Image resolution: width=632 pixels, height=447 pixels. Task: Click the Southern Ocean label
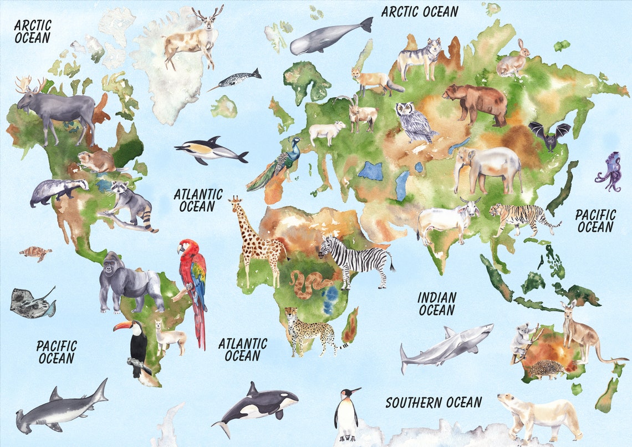click(x=434, y=402)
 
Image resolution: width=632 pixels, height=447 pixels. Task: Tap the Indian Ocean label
click(x=437, y=304)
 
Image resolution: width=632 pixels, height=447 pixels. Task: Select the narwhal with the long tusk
click(x=236, y=80)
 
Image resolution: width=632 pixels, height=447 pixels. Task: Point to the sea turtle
click(x=35, y=253)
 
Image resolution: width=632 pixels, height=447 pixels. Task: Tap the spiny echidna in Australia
click(x=546, y=369)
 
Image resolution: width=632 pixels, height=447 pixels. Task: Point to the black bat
click(x=549, y=135)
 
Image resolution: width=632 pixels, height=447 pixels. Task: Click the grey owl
click(x=413, y=122)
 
